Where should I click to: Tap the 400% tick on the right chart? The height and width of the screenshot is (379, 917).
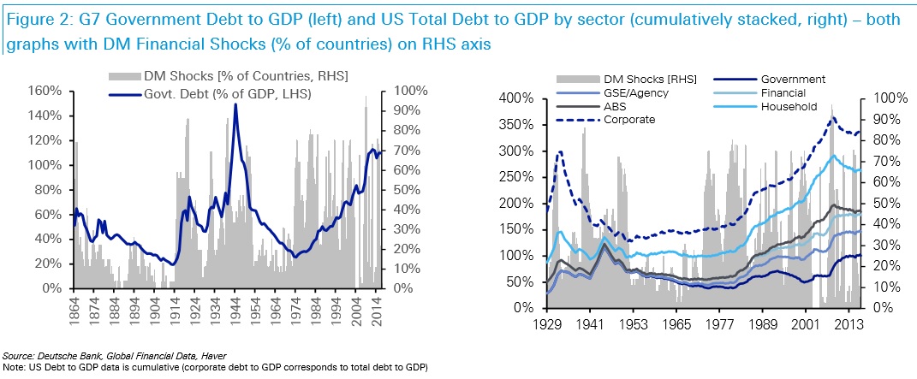click(522, 98)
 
